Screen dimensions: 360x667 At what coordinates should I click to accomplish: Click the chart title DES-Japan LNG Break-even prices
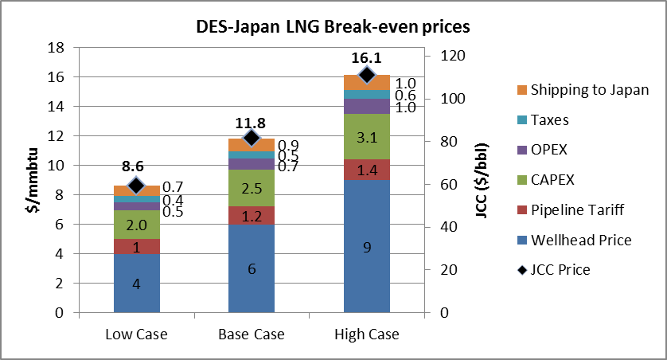[x=333, y=26]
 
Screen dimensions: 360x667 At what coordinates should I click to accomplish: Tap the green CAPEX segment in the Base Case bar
[x=252, y=188]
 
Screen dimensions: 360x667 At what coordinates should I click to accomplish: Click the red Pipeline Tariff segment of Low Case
[x=137, y=247]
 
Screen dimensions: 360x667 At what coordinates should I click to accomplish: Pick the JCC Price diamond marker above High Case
[x=367, y=75]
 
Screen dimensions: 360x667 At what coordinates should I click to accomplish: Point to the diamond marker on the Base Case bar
[x=252, y=139]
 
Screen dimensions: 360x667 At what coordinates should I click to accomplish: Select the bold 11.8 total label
[x=252, y=123]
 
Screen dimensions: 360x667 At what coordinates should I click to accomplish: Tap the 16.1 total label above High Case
[x=367, y=57]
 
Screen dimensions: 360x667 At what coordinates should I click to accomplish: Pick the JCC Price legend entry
[x=552, y=270]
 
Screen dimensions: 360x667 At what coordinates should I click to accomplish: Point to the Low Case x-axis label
[x=137, y=334]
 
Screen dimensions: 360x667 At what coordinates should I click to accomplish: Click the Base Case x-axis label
[x=252, y=334]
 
